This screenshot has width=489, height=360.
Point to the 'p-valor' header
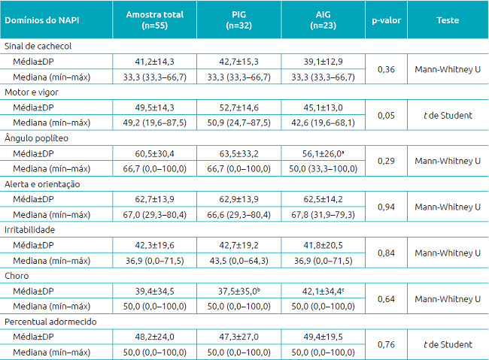386,20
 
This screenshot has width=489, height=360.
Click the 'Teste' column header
448,20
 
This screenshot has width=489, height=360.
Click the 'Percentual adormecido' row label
45,321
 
